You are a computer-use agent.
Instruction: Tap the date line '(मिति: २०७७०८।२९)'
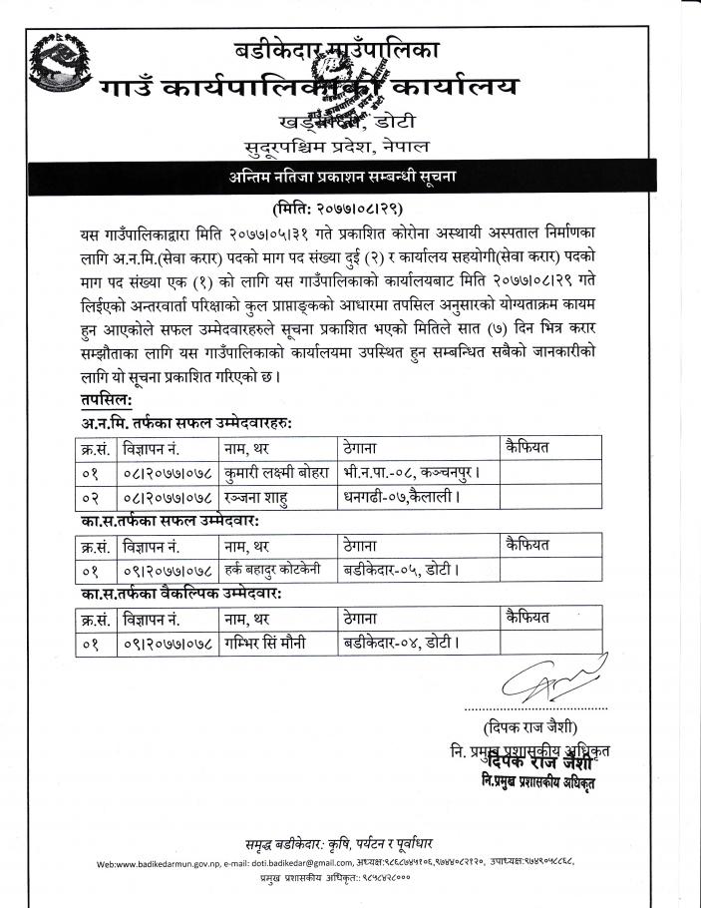[x=350, y=209]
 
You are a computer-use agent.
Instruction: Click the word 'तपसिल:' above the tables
[x=113, y=400]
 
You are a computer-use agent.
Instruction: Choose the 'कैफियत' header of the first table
[x=528, y=446]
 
